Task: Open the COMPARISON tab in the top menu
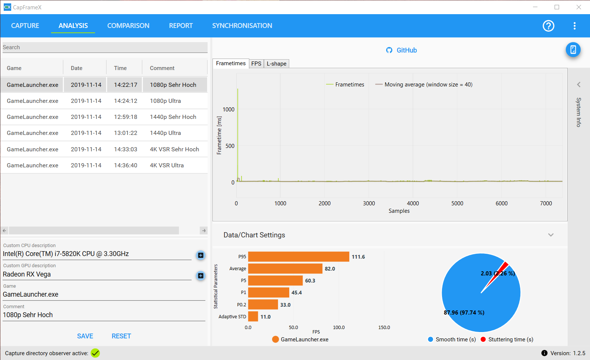pyautogui.click(x=128, y=26)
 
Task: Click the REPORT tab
pyautogui.click(x=181, y=26)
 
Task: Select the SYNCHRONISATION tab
pyautogui.click(x=242, y=26)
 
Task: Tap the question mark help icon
pyautogui.click(x=548, y=26)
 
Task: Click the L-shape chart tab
pyautogui.click(x=276, y=64)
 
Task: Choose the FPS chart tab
pyautogui.click(x=256, y=64)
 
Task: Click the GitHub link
pyautogui.click(x=401, y=50)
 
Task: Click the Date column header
pyautogui.click(x=77, y=68)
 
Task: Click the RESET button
pyautogui.click(x=121, y=336)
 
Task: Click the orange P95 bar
pyautogui.click(x=299, y=257)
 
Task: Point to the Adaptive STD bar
pyautogui.click(x=253, y=316)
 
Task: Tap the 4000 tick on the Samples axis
pyautogui.click(x=413, y=203)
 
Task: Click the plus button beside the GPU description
pyautogui.click(x=201, y=276)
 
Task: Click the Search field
pyautogui.click(x=105, y=47)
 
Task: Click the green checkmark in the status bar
pyautogui.click(x=95, y=353)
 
